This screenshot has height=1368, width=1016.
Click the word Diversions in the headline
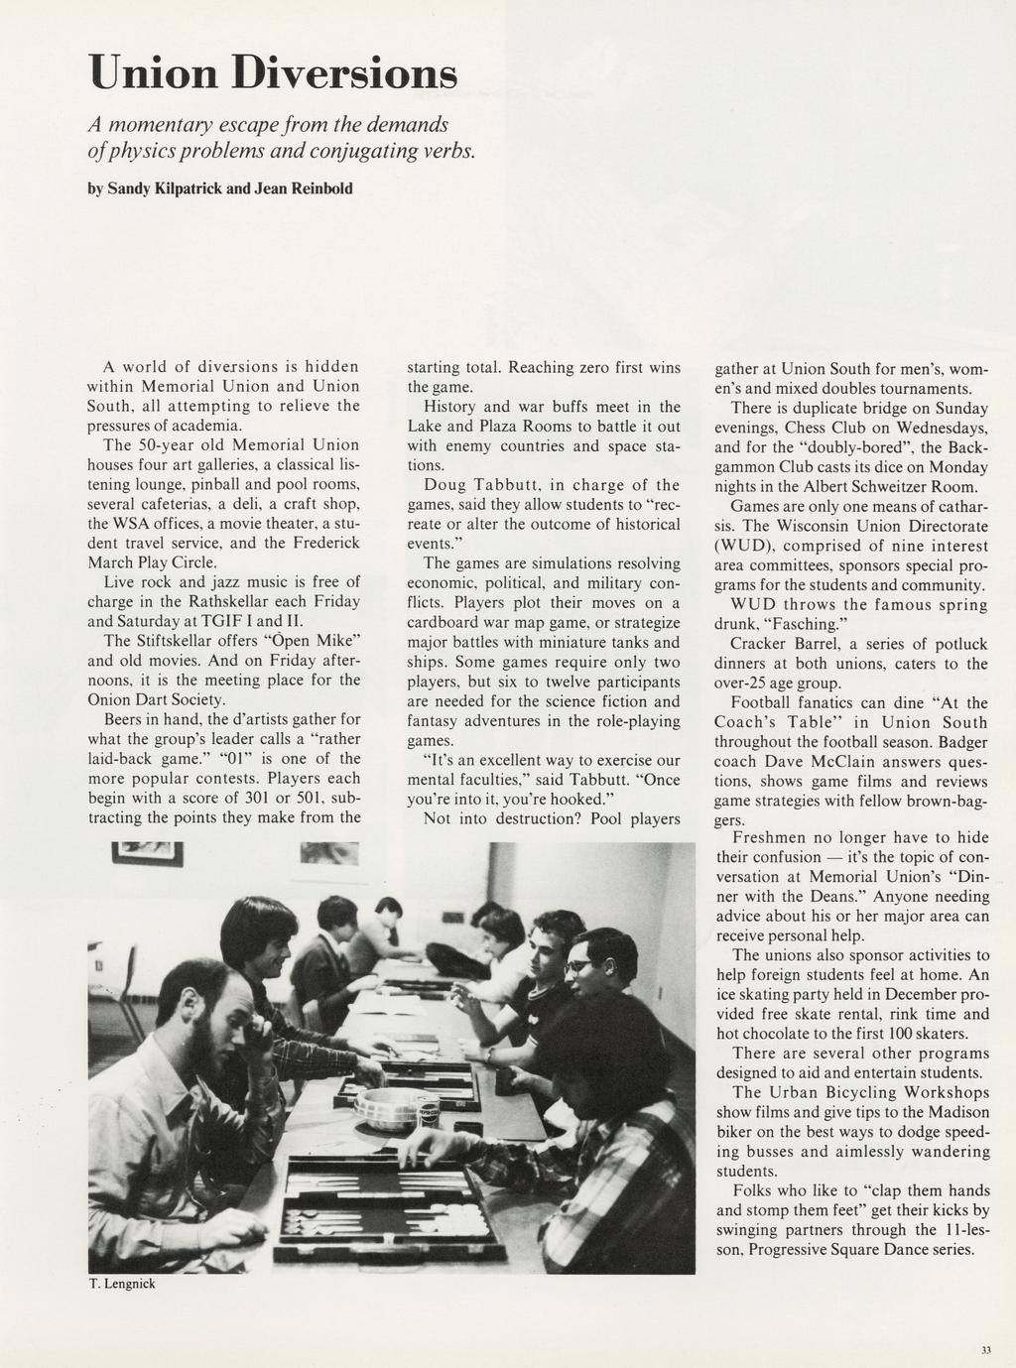344,73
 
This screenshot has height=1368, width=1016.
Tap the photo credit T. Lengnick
122,1284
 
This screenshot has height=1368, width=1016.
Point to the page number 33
985,1349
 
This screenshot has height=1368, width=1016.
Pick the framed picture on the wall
148,852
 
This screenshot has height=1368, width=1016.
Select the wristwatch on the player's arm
490,1056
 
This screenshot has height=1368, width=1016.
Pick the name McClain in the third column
872,762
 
